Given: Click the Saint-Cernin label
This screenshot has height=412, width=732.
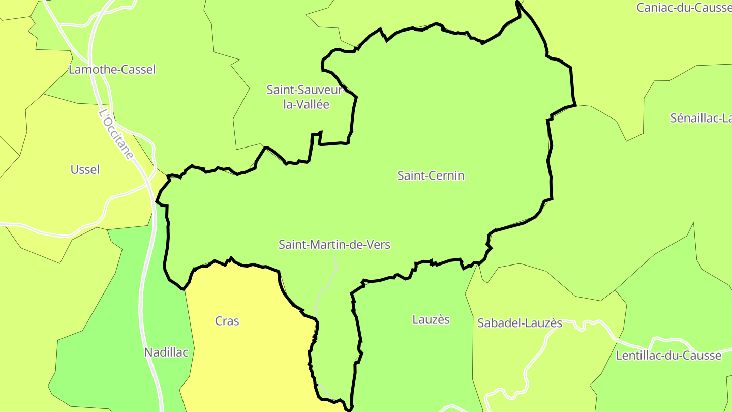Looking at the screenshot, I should [431, 175].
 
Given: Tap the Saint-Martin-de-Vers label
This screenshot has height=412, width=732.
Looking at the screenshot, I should [334, 245].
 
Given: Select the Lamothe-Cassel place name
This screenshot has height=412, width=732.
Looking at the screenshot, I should [112, 70].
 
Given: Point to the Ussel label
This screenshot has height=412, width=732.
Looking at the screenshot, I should [85, 169].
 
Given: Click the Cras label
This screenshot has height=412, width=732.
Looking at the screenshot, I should [227, 321].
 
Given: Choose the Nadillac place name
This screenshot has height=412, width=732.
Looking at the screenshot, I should [166, 352].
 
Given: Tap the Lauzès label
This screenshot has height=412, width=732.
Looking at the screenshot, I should [431, 319].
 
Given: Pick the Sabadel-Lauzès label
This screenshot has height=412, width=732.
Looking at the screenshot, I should [520, 323].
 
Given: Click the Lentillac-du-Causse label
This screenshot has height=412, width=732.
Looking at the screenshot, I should [668, 356].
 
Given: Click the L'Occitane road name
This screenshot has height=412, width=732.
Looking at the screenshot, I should [116, 134].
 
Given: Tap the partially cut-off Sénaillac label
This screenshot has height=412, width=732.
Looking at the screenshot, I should [700, 118].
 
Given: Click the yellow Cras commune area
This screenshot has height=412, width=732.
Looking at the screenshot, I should [244, 356].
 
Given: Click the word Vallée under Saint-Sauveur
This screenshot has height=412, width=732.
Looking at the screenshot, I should [314, 105].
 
